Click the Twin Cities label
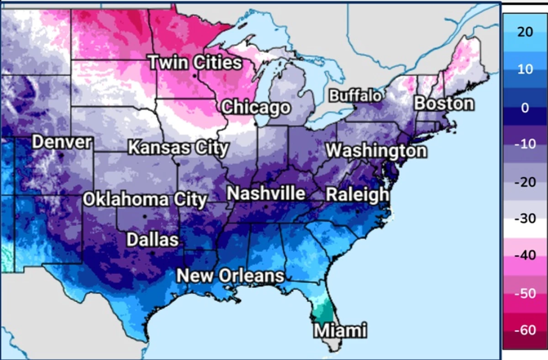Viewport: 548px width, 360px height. (x=195, y=63)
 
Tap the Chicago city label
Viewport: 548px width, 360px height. (x=256, y=108)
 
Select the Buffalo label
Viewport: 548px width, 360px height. (x=355, y=96)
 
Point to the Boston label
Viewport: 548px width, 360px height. (x=444, y=104)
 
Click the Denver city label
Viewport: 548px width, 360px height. (x=62, y=142)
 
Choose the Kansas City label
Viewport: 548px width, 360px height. (x=178, y=148)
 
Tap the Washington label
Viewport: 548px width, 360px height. (x=376, y=151)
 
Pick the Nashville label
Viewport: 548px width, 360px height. (x=266, y=193)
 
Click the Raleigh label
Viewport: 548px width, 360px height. (x=357, y=195)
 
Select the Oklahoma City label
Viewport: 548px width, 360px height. (x=145, y=200)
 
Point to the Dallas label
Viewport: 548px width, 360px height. (x=153, y=239)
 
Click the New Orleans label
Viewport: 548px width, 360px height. (x=230, y=276)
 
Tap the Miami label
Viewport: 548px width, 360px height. (x=340, y=330)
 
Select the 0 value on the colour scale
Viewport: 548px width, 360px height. (x=525, y=107)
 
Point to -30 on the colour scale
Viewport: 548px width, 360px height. (x=525, y=218)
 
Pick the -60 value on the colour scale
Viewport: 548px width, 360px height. (x=525, y=330)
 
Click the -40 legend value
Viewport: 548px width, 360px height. (x=525, y=255)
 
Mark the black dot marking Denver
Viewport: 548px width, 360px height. (x=60, y=156)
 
